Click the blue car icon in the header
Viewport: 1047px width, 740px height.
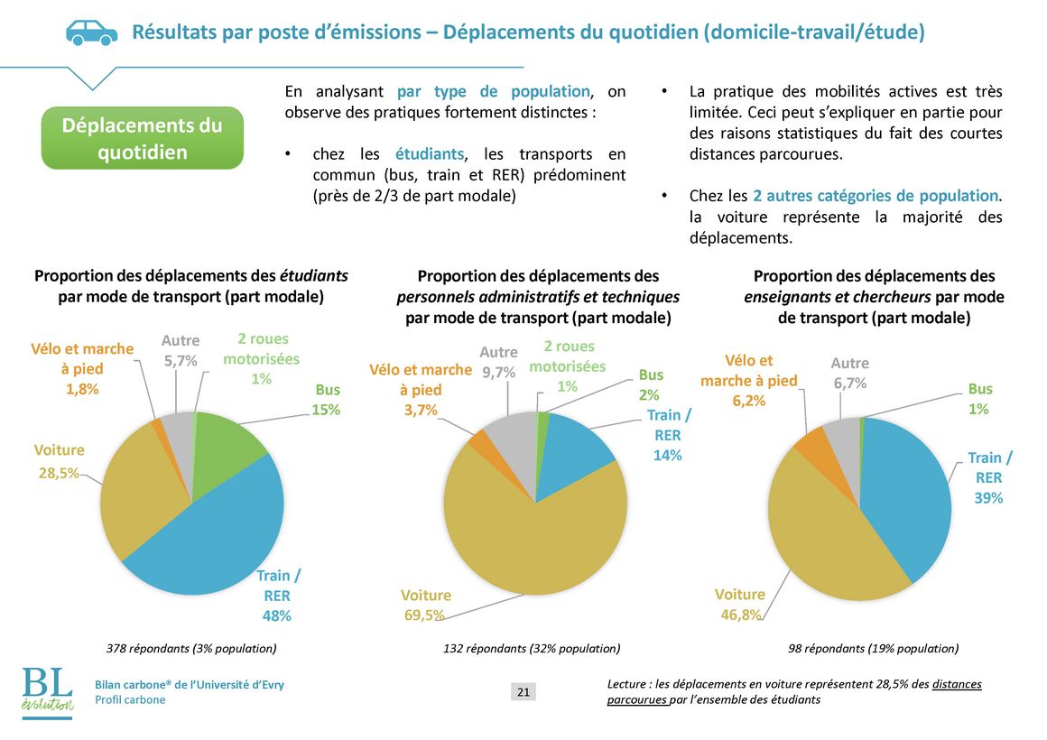click(x=91, y=32)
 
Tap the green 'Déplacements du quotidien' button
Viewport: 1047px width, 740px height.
click(x=143, y=138)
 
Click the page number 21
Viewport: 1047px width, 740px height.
click(x=523, y=692)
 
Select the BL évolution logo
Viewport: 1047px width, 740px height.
click(x=47, y=692)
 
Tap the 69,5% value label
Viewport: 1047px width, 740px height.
click(x=424, y=615)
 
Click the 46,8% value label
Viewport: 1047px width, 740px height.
click(x=740, y=615)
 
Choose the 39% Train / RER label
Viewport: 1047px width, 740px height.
click(x=989, y=477)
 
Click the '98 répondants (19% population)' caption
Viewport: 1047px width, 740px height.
click(x=874, y=649)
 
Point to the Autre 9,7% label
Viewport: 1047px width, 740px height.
click(x=498, y=362)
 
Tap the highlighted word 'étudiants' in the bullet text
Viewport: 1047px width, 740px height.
click(x=430, y=154)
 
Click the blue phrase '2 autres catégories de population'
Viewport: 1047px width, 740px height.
click(x=876, y=196)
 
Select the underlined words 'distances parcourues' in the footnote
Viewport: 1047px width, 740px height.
click(x=794, y=692)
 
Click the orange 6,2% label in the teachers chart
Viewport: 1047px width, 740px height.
click(x=748, y=401)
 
